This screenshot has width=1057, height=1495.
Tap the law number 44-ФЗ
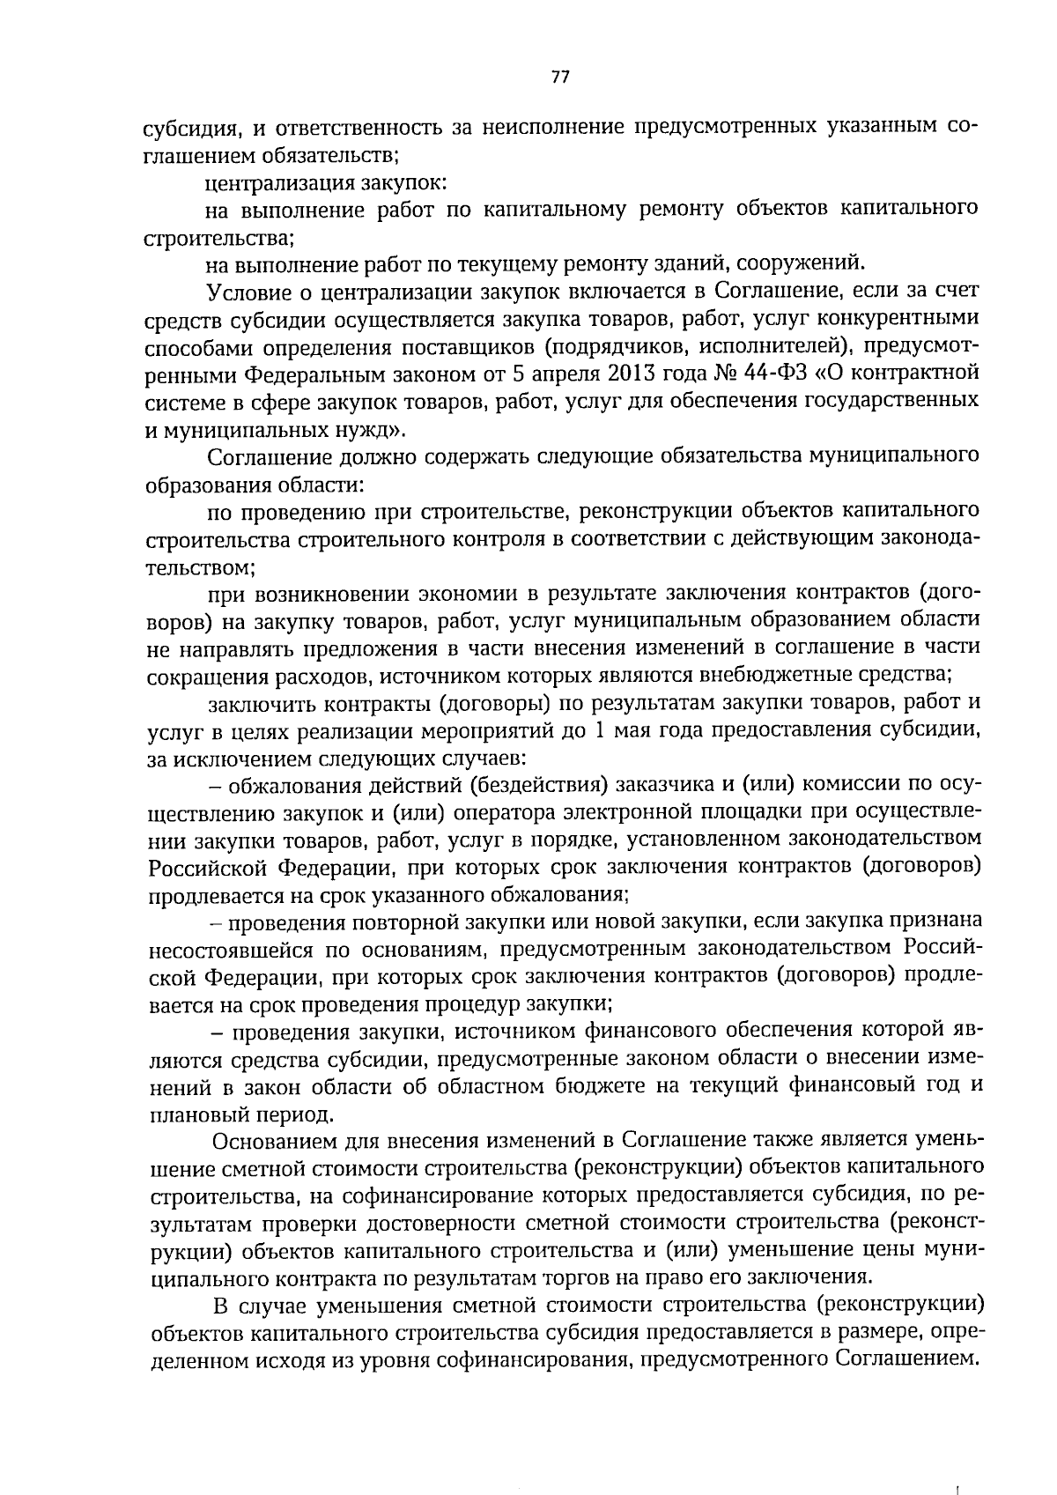click(770, 373)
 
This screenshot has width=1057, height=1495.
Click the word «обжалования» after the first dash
click(293, 784)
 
